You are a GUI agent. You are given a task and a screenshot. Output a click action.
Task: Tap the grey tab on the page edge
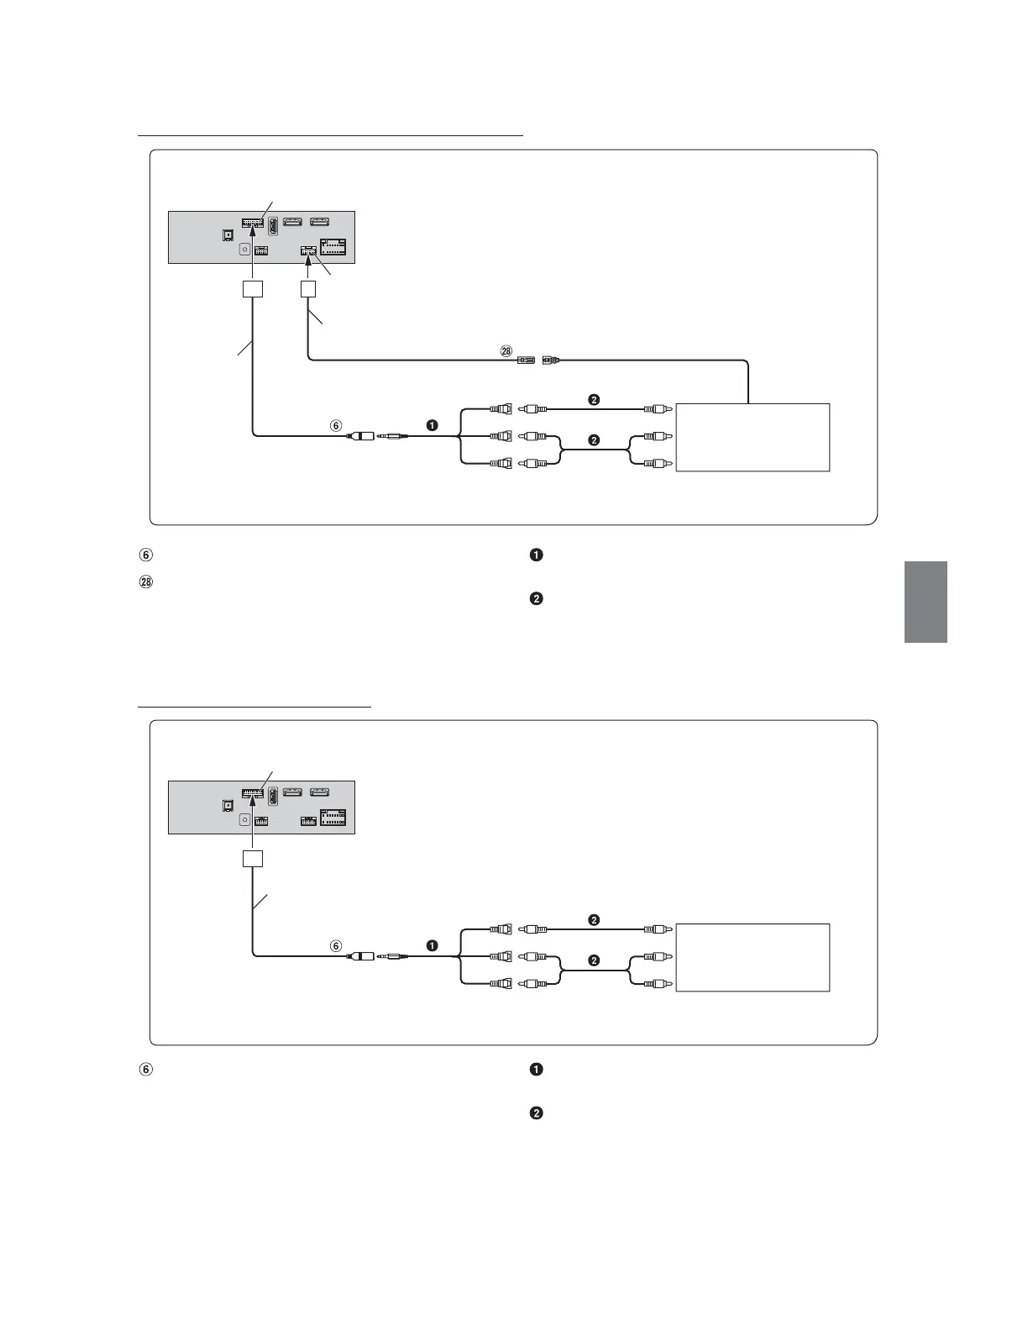(926, 602)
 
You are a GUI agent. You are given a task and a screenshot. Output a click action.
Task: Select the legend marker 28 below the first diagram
(145, 581)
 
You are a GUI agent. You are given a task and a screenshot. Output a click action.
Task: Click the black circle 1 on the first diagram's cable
(432, 426)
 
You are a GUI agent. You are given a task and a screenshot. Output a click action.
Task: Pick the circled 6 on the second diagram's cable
(336, 946)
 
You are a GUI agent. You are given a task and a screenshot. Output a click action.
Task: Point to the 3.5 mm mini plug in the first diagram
(393, 436)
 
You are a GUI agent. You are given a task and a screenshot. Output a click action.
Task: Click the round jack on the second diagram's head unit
(244, 819)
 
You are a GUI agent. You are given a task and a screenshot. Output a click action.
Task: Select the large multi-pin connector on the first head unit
(333, 249)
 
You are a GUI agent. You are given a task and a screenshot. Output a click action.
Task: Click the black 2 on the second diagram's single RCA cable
(594, 920)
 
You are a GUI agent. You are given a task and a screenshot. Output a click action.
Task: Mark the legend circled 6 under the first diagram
(145, 555)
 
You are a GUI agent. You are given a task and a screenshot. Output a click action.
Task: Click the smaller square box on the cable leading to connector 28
(308, 288)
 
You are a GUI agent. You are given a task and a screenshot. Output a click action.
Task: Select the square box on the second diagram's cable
(253, 859)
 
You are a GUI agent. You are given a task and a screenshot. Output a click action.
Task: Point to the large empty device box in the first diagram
(753, 437)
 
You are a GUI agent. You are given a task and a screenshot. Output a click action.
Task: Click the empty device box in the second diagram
(753, 957)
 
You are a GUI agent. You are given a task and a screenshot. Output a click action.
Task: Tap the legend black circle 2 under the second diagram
(537, 1113)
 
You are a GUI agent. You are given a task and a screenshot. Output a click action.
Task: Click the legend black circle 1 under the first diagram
(537, 555)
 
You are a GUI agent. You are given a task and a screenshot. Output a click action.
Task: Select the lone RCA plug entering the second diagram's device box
(656, 929)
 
